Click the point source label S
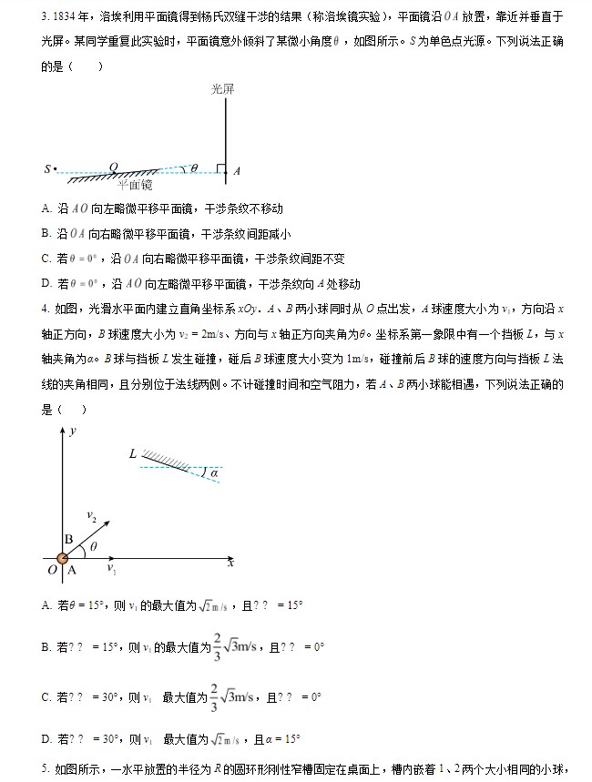[46, 168]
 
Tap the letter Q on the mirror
[114, 167]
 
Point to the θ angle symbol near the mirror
[193, 168]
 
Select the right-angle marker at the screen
[221, 168]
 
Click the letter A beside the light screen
[237, 170]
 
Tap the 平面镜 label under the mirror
[136, 185]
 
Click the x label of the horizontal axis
[230, 563]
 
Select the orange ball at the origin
[63, 558]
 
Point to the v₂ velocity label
[92, 516]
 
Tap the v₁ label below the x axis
[111, 569]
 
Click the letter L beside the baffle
[133, 452]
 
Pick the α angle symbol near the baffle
[215, 472]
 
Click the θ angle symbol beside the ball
[92, 548]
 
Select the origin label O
[51, 570]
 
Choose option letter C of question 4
[46, 697]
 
